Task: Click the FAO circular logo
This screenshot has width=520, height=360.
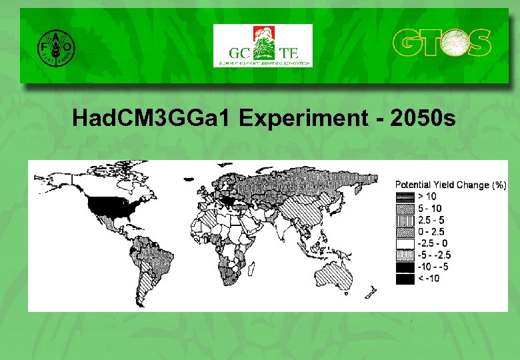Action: pyautogui.click(x=55, y=47)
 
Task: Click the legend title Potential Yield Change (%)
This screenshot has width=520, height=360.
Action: pyautogui.click(x=451, y=185)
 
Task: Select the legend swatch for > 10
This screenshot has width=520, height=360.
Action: pyautogui.click(x=405, y=196)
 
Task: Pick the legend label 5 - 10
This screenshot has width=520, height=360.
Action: pyautogui.click(x=430, y=208)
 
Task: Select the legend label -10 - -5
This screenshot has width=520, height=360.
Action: pyautogui.click(x=434, y=267)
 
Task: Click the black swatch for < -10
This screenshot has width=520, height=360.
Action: pyautogui.click(x=405, y=279)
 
